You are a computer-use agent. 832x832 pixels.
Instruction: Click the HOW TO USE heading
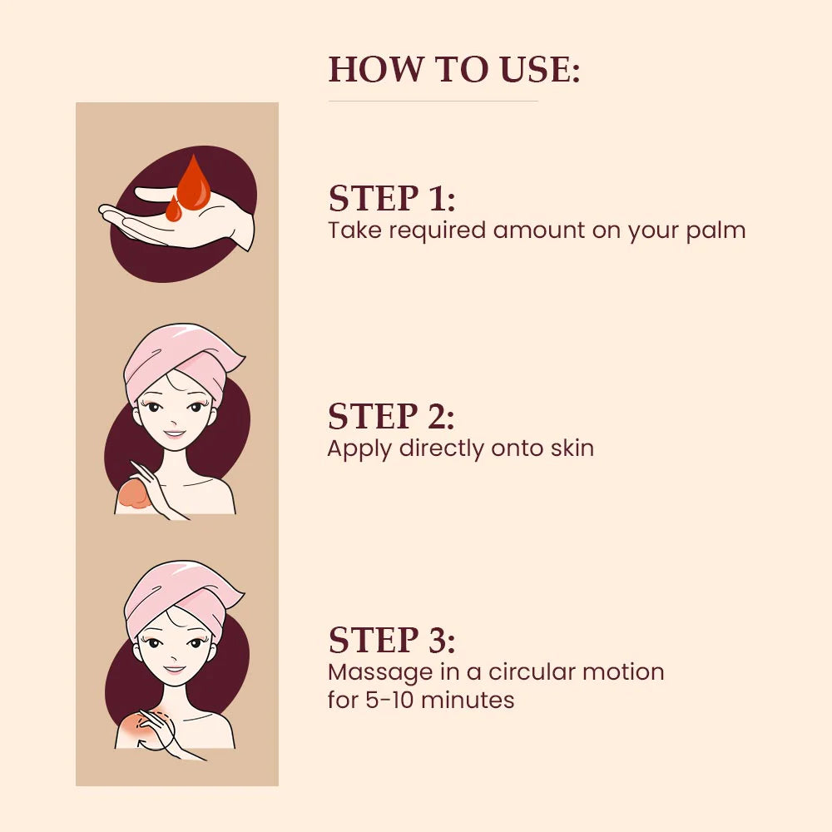pyautogui.click(x=454, y=70)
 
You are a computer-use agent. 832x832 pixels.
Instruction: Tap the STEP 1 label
pyautogui.click(x=392, y=199)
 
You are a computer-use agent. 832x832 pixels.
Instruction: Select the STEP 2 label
pyautogui.click(x=392, y=416)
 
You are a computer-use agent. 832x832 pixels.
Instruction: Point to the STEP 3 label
pyautogui.click(x=392, y=640)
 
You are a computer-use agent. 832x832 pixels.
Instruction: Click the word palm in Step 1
pyautogui.click(x=716, y=231)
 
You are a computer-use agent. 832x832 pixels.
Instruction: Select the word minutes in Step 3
pyautogui.click(x=468, y=700)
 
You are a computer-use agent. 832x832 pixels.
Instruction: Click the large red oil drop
pyautogui.click(x=194, y=185)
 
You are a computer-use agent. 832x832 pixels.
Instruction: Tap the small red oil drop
pyautogui.click(x=174, y=210)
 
